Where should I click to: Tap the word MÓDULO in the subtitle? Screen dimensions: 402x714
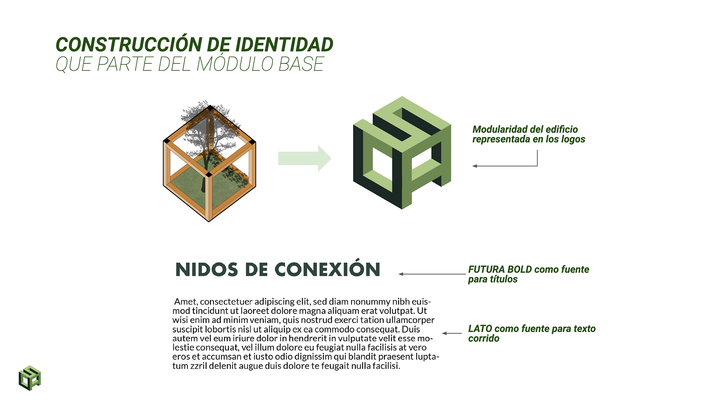[x=235, y=64]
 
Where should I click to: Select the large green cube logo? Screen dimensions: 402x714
[x=402, y=153]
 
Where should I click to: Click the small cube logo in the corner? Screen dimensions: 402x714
[x=30, y=378]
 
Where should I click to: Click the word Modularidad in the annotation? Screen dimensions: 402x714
[x=499, y=130]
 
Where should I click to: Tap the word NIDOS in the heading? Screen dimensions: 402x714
[x=206, y=270]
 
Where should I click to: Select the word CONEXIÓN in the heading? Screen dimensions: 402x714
[x=327, y=269]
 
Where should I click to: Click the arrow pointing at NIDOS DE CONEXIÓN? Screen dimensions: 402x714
[x=431, y=274]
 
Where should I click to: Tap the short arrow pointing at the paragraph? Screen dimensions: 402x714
[x=452, y=334]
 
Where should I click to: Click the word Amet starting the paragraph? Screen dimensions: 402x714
[x=185, y=301]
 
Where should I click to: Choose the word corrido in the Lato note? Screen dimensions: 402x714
[x=483, y=338]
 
